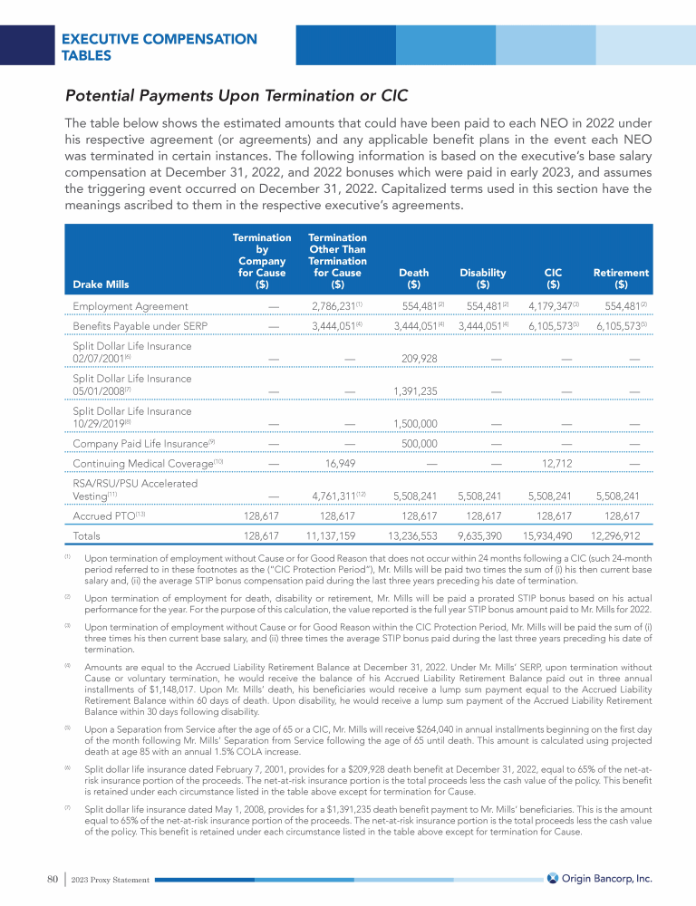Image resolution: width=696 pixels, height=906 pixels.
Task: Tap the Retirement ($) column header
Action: [621, 278]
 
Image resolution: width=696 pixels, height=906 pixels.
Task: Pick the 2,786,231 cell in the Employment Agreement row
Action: [333, 306]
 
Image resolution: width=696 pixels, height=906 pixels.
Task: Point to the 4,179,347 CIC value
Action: [551, 306]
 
